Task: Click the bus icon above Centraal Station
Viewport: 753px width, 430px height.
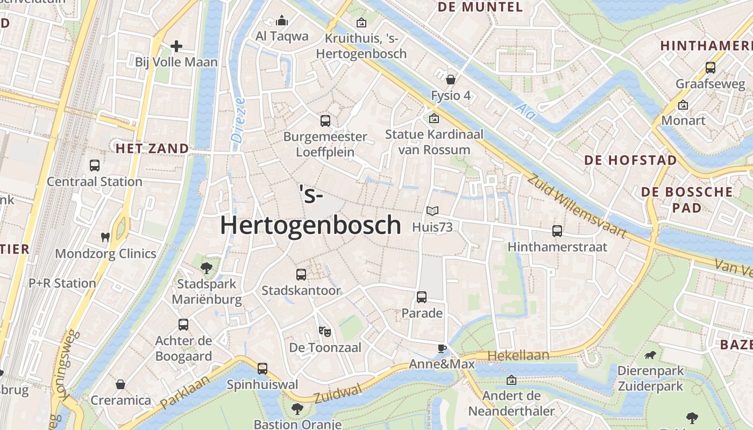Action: [95, 166]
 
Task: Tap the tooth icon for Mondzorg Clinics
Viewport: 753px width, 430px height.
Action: [105, 237]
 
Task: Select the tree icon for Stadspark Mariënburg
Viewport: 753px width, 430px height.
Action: [205, 267]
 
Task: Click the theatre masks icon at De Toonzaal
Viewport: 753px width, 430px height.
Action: [324, 331]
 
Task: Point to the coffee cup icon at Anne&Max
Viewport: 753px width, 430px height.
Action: [442, 348]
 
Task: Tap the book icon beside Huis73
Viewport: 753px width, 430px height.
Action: [432, 211]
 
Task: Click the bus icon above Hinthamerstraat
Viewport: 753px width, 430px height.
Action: [557, 231]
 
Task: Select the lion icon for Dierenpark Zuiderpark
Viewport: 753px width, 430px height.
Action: [650, 355]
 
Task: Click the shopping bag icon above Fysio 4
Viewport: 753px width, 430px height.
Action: [451, 80]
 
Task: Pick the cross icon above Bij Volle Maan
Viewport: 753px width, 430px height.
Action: [176, 46]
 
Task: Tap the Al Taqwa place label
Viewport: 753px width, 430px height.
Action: [282, 36]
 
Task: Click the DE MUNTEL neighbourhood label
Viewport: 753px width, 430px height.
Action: [480, 7]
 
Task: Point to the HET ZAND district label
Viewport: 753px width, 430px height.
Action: [152, 148]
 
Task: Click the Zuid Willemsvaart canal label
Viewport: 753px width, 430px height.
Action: [577, 206]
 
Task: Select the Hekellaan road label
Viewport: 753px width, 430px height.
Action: [518, 355]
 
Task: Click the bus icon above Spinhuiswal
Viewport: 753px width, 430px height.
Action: [262, 369]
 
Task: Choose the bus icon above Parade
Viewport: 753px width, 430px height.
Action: [422, 297]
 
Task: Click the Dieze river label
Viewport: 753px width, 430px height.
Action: [239, 119]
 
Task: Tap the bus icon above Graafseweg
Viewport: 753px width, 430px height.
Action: [711, 68]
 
